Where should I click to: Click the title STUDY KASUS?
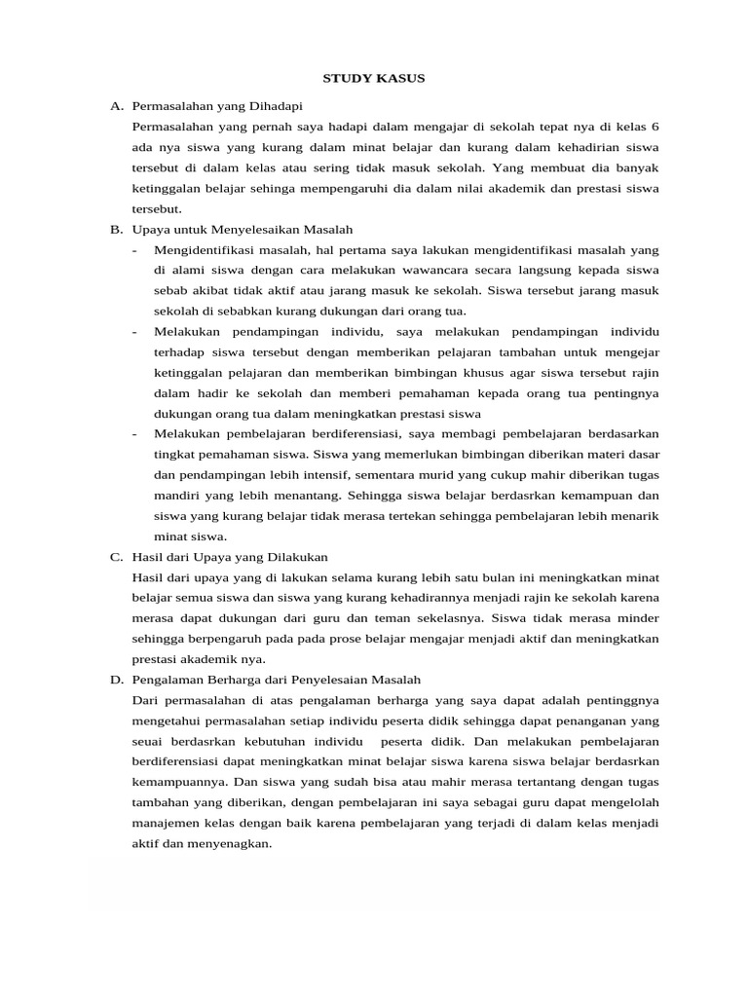[374, 77]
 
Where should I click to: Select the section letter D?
[115, 679]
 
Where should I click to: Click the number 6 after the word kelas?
[655, 128]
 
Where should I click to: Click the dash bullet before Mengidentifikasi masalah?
[135, 250]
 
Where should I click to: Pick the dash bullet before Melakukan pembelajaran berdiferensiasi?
[135, 434]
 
